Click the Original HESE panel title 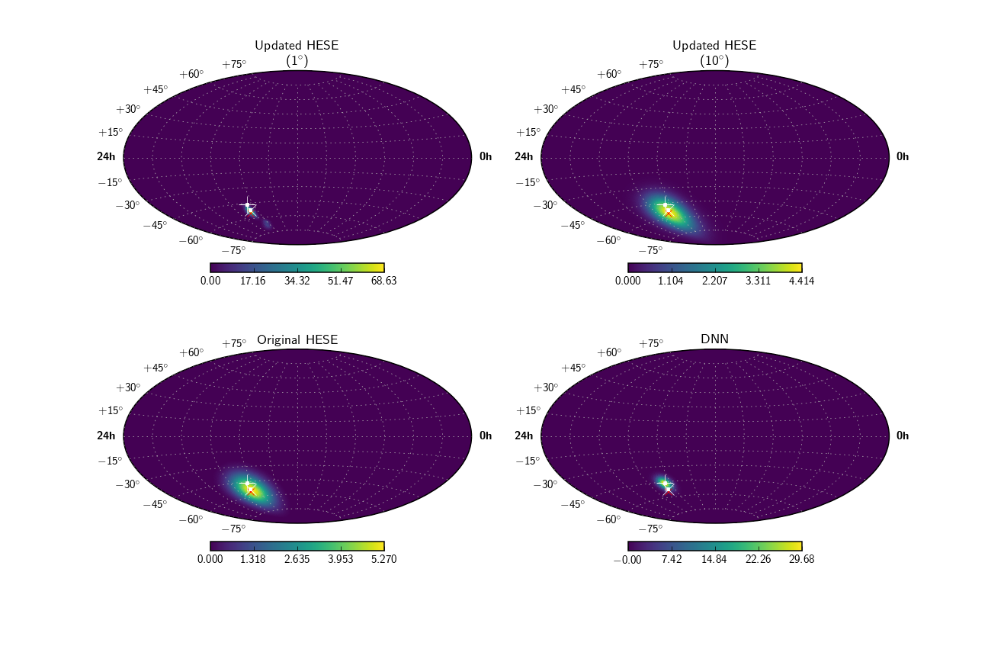coord(297,339)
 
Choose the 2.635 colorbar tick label coord(297,559)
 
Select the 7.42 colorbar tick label coord(672,559)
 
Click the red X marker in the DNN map coord(669,490)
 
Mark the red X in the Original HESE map coord(251,491)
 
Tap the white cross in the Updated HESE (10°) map coord(665,205)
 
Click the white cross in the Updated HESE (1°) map coord(247,205)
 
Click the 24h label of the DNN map coord(524,436)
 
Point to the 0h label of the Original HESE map coord(486,436)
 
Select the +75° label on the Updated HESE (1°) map coord(234,64)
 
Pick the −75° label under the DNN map coord(652,529)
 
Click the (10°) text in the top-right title coord(715,60)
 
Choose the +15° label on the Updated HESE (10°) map coord(527,132)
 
